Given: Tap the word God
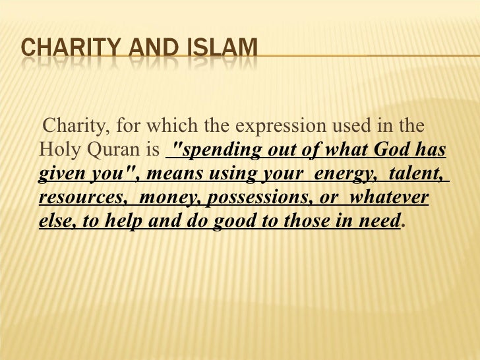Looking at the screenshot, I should click(x=392, y=150).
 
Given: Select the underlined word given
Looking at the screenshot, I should click(x=59, y=175).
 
